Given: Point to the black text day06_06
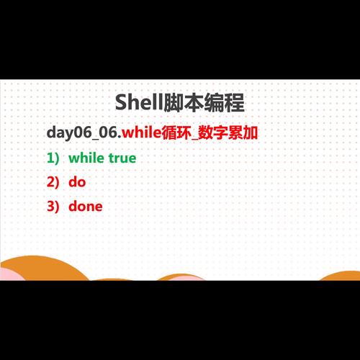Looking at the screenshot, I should (x=81, y=133).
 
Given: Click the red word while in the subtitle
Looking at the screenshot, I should (x=140, y=133).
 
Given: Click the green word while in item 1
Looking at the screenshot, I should (x=86, y=158).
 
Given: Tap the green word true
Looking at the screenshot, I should (x=122, y=158).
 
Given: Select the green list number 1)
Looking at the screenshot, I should (x=53, y=158).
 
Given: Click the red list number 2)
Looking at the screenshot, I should (x=53, y=182).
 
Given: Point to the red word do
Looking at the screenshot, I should (x=77, y=182).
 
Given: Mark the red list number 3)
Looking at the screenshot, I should (x=53, y=207).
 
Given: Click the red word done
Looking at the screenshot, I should (x=86, y=207).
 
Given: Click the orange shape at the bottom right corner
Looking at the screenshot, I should (x=342, y=276).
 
